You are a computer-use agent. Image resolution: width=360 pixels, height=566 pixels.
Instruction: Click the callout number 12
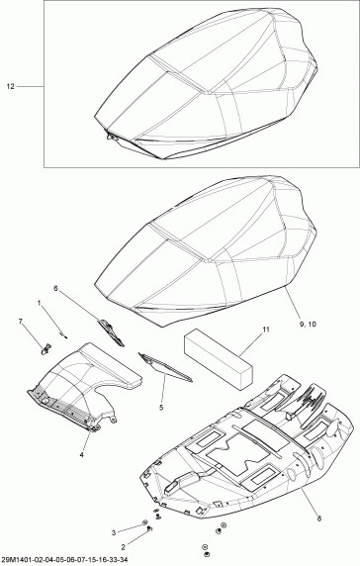point(12,88)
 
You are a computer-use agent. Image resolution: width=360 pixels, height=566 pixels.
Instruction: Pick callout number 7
point(21,323)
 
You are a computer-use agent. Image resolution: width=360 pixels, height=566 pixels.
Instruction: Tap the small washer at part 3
point(146,520)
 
